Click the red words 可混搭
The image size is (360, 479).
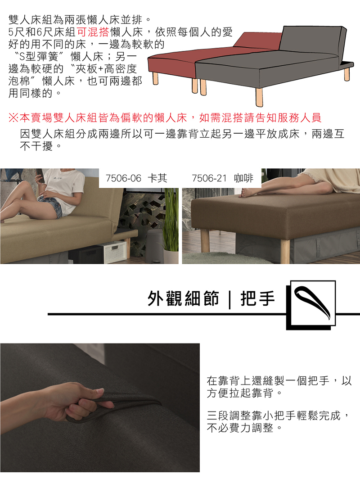point(93,32)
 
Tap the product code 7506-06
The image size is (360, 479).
point(123,178)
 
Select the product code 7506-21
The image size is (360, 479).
point(209,178)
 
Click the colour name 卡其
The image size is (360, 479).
point(157,178)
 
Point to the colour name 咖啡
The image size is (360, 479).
point(243,178)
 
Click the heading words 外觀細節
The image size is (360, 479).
point(183,298)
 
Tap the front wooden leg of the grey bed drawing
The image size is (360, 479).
point(259,97)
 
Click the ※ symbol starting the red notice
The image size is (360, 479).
point(13,117)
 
